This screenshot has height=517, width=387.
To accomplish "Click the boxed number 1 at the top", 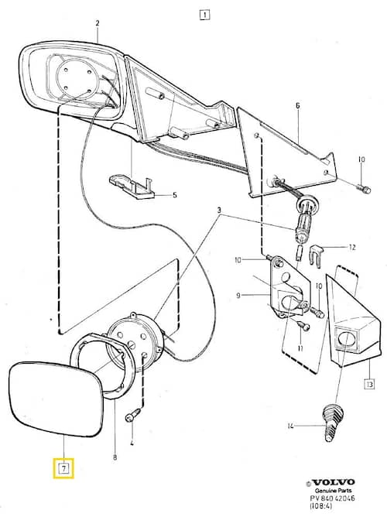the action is [204, 15].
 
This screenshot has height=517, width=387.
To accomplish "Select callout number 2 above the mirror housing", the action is [98, 23].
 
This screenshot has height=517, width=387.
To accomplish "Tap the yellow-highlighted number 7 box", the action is [63, 468].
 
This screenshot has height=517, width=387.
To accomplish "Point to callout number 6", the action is [298, 106].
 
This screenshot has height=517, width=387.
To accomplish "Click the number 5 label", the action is [174, 195].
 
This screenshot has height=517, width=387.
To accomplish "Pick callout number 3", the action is [220, 210].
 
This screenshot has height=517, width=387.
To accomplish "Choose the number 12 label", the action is [352, 247].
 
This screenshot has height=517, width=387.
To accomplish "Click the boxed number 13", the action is [369, 384].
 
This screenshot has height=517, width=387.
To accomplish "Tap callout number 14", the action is [290, 426].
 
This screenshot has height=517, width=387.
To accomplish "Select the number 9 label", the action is [238, 296].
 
